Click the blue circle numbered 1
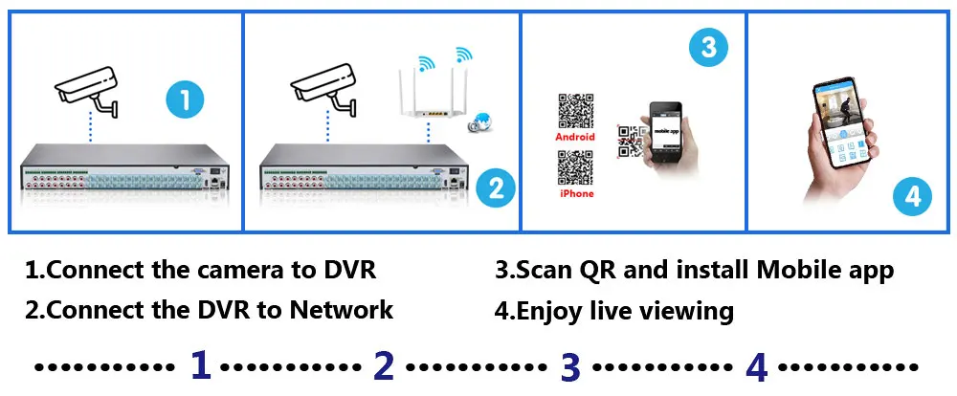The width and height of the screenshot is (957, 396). [x=185, y=99]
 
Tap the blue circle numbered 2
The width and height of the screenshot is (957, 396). [x=495, y=187]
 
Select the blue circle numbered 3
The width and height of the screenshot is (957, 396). [x=707, y=48]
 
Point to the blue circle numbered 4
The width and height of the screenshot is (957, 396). [x=912, y=196]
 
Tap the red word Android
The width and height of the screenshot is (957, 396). [x=575, y=137]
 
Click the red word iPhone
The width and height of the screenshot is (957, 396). [x=575, y=194]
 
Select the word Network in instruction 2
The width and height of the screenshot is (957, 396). [x=341, y=310]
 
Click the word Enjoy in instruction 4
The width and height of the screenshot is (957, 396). [x=552, y=311]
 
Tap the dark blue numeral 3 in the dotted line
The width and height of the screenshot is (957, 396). [x=570, y=365]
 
